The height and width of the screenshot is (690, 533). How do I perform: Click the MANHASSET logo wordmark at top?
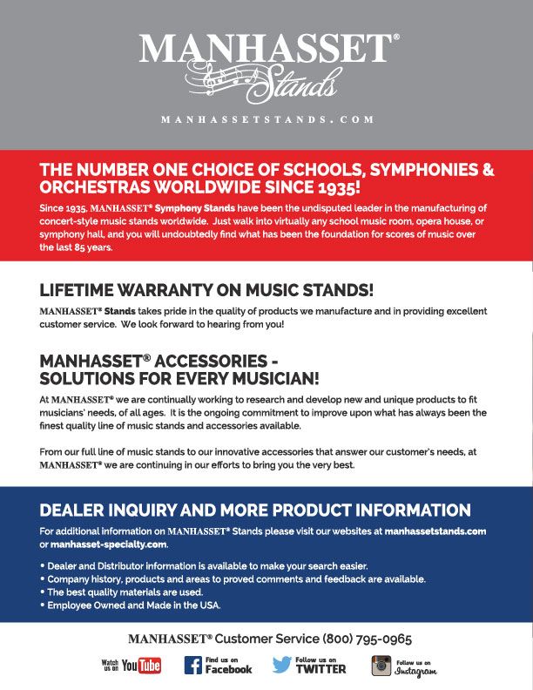(266, 49)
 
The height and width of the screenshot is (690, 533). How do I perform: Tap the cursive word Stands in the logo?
(301, 84)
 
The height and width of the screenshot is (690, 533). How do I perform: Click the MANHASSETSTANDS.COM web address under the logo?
(266, 119)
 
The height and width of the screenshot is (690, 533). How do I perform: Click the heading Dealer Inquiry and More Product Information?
(255, 511)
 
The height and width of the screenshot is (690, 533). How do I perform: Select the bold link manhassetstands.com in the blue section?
(435, 531)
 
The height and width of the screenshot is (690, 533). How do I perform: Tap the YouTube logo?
(141, 666)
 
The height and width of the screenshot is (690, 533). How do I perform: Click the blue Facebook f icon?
(193, 666)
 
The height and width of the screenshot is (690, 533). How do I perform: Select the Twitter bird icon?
(281, 666)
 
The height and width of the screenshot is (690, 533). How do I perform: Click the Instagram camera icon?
(380, 666)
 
